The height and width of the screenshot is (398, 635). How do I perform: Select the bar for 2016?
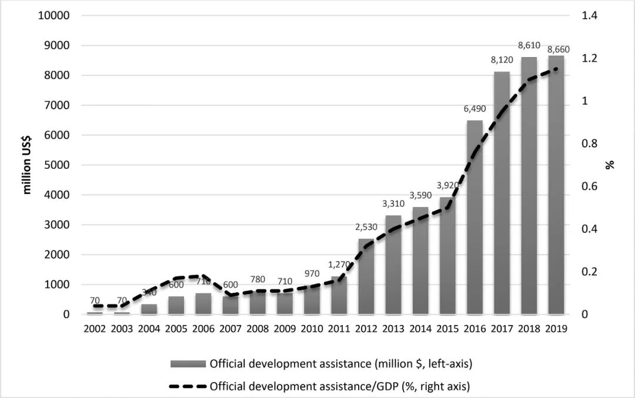click(474, 218)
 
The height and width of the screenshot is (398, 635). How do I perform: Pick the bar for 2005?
click(176, 305)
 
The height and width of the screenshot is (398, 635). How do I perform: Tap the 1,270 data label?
click(339, 264)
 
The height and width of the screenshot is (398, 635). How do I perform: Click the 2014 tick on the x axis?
click(420, 329)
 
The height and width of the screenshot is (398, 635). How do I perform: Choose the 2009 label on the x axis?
click(285, 329)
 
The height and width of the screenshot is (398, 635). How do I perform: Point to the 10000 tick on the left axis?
click(54, 16)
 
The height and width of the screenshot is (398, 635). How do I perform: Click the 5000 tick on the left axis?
click(56, 165)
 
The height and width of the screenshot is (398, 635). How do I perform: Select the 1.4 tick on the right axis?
click(589, 16)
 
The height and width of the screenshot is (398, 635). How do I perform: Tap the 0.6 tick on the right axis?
click(589, 186)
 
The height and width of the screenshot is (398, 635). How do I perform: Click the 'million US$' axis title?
click(27, 165)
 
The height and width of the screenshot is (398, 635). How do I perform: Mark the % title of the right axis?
click(610, 165)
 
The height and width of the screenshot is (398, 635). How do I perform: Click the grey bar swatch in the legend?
click(188, 364)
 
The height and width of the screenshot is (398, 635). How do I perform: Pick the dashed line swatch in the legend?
click(188, 386)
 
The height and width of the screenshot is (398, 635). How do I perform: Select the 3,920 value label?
click(447, 185)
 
